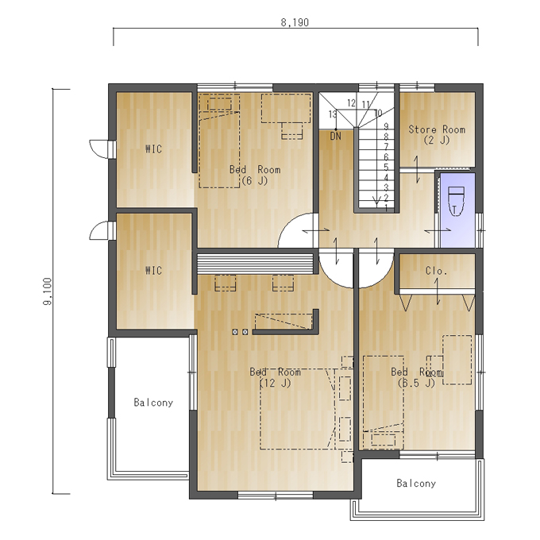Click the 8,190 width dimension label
point(295,22)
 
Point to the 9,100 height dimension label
point(47,291)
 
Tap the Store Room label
point(437,129)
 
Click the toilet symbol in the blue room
point(456,201)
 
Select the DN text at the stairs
point(335,137)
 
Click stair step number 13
point(333,114)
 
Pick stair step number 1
point(386,208)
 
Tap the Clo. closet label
point(436,271)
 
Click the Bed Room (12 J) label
point(276,377)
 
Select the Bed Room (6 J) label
point(255,175)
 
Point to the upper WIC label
point(153,148)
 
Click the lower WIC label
point(153,270)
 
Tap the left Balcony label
point(153,403)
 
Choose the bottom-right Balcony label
point(416,483)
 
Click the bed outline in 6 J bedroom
point(220,141)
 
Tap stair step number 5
point(386,168)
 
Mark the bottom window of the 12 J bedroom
point(276,496)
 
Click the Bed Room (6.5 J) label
point(416,377)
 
